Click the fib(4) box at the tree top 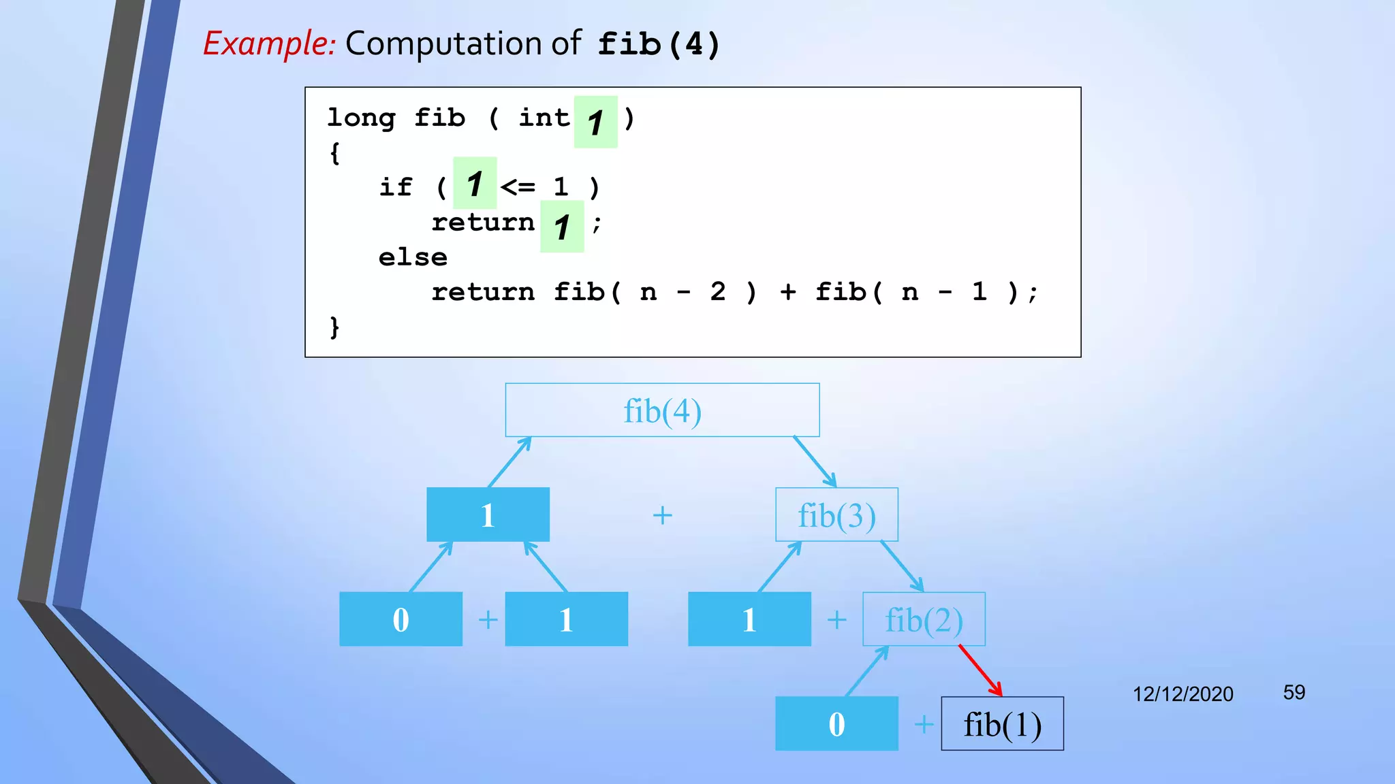click(x=662, y=410)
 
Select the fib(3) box click(x=836, y=515)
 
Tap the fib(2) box click(x=924, y=619)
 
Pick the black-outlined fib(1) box click(x=1002, y=724)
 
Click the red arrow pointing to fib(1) click(x=980, y=670)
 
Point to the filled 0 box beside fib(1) click(x=836, y=724)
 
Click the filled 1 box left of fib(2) click(x=749, y=619)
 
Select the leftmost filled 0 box click(x=401, y=619)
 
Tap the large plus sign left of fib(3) click(x=662, y=515)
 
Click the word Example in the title click(x=269, y=44)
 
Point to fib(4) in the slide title click(x=658, y=45)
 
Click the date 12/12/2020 click(x=1182, y=694)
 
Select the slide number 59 click(x=1294, y=693)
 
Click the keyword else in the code click(x=413, y=257)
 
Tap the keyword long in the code click(x=361, y=118)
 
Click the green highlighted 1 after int click(x=595, y=122)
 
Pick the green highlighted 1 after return click(x=562, y=227)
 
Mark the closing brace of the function click(x=334, y=327)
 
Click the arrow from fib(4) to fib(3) click(x=815, y=461)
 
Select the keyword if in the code click(x=396, y=187)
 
